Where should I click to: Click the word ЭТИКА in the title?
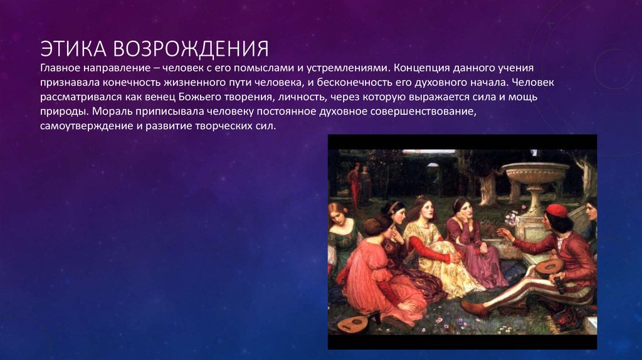click(x=73, y=49)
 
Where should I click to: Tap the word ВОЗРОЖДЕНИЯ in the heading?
click(x=191, y=49)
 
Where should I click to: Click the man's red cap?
click(x=557, y=211)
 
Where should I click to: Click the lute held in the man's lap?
click(x=549, y=267)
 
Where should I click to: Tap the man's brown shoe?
click(x=475, y=308)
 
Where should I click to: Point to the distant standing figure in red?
click(x=354, y=184)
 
